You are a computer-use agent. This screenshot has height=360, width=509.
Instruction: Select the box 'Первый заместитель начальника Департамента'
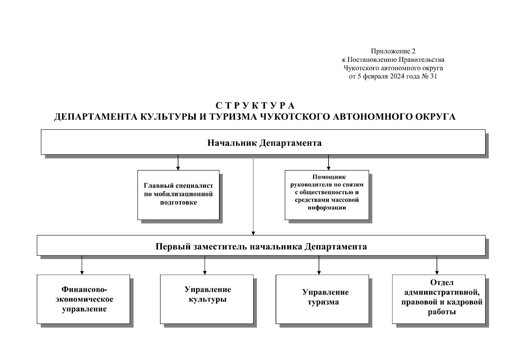(261, 246)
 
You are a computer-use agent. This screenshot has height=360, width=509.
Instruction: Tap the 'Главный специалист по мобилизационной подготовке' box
(178, 195)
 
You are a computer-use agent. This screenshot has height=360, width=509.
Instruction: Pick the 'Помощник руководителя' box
(327, 195)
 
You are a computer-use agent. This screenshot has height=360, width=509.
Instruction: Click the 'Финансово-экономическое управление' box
(83, 299)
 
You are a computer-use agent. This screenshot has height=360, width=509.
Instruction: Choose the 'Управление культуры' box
(207, 299)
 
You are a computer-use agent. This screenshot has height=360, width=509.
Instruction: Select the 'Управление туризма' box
(322, 299)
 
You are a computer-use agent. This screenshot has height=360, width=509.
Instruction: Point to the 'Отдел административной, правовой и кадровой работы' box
(439, 299)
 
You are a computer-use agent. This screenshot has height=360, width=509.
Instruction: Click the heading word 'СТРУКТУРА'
(255, 106)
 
